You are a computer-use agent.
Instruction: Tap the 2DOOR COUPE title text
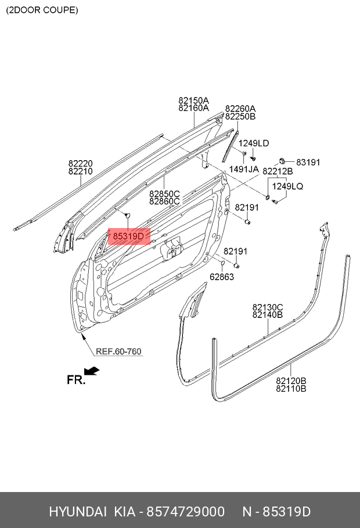[41, 10]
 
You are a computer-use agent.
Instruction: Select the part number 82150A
[193, 100]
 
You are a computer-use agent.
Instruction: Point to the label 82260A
[240, 109]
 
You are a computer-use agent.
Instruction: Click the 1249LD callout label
[254, 143]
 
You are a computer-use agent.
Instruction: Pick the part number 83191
[308, 162]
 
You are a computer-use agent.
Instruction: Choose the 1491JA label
[244, 169]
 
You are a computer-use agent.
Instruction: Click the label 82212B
[278, 172]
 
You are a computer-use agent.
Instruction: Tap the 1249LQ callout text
[288, 186]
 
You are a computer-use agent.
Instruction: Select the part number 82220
[80, 164]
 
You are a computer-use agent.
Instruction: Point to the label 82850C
[164, 194]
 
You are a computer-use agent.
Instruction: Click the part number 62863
[222, 277]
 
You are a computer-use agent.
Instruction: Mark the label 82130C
[267, 307]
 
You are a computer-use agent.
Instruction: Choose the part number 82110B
[291, 389]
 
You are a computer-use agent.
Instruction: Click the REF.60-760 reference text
[118, 352]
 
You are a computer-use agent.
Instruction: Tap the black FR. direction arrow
[92, 371]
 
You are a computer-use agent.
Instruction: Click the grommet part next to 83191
[282, 160]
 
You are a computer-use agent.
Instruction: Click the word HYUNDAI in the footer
[77, 512]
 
